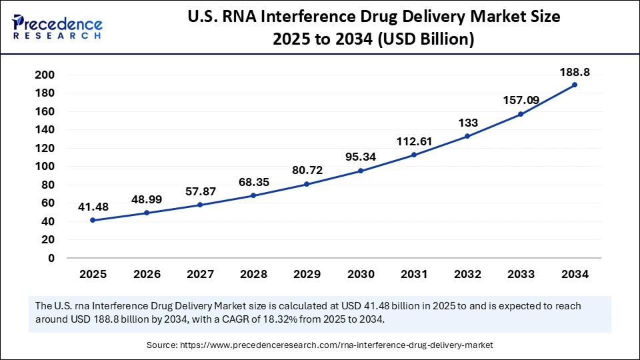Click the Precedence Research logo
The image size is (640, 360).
click(57, 27)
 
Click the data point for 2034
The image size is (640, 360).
click(575, 85)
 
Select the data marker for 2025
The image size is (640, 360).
click(92, 220)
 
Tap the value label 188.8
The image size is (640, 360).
click(575, 72)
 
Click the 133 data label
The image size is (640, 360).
click(467, 123)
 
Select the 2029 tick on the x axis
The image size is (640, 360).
click(307, 274)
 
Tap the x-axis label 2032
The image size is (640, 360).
click(467, 274)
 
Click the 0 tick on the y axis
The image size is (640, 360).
click(51, 258)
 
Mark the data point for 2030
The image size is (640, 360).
click(360, 171)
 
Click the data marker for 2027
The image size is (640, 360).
click(199, 205)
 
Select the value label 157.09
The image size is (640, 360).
click(521, 100)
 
